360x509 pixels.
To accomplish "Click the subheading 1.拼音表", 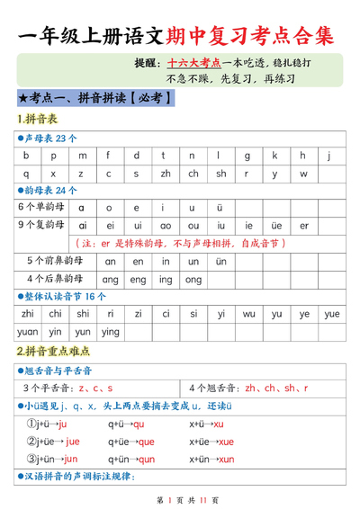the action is pyautogui.click(x=37, y=120).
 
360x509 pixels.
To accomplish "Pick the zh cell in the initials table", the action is pyautogui.click(x=166, y=173).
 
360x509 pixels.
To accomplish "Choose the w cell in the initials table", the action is pyautogui.click(x=303, y=173).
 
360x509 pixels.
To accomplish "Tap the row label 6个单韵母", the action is pyautogui.click(x=41, y=207).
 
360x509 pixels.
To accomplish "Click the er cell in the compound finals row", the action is pyautogui.click(x=303, y=225).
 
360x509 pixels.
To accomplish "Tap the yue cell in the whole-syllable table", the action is pyautogui.click(x=331, y=314).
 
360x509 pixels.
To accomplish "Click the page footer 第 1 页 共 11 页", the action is pyautogui.click(x=180, y=498).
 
